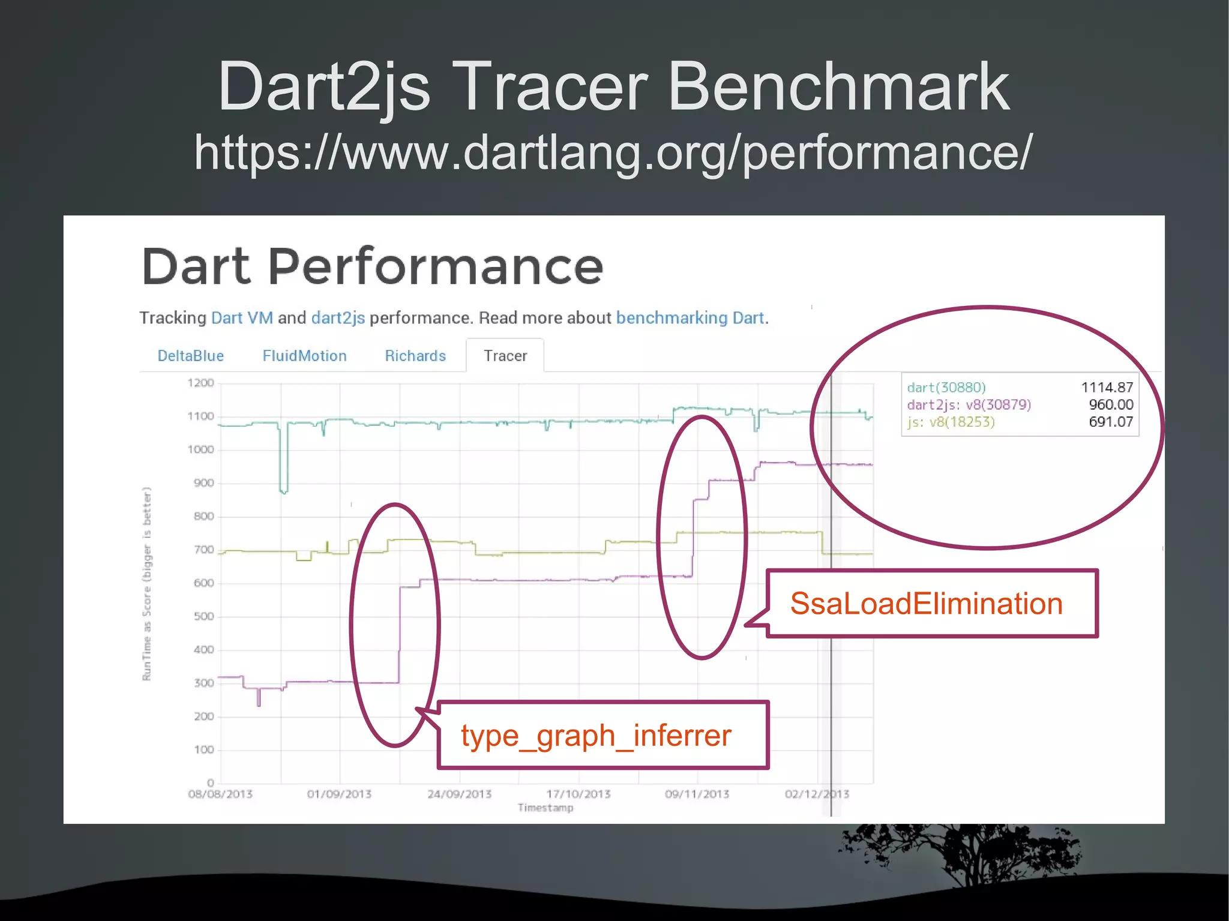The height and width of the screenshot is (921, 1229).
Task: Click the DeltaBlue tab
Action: [190, 356]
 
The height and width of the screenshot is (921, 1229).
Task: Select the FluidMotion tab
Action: [304, 356]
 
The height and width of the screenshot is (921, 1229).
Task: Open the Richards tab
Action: [415, 356]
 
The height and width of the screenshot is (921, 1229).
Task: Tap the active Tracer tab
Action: [505, 356]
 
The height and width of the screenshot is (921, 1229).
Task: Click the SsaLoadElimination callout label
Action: [926, 604]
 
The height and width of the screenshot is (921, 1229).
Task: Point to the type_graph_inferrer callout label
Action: [596, 735]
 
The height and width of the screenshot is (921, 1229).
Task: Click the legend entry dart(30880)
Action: [946, 388]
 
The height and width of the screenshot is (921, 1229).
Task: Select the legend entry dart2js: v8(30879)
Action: [969, 405]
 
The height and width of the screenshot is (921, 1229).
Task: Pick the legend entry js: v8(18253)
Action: [951, 422]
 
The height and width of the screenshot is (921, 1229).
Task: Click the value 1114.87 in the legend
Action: [1107, 388]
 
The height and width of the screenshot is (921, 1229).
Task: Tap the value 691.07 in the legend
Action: [1111, 422]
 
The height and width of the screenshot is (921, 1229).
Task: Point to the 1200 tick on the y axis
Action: [200, 383]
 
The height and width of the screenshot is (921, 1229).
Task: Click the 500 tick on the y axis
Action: [203, 616]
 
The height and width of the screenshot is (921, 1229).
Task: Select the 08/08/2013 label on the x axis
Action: [220, 794]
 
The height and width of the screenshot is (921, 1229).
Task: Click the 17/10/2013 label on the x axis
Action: [578, 794]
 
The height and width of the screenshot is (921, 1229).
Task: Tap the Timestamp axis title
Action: [545, 808]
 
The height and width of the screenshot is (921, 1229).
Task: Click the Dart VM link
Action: [242, 317]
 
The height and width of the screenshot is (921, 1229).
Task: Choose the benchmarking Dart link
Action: [690, 317]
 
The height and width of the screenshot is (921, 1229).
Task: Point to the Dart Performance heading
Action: [372, 266]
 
